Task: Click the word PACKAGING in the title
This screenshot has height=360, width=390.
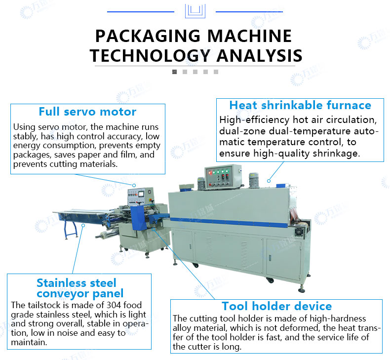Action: (x=148, y=36)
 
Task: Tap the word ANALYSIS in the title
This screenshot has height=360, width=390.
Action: (x=259, y=55)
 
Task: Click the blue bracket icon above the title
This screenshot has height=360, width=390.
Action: (x=195, y=11)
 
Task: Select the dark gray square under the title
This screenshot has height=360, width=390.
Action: (x=175, y=72)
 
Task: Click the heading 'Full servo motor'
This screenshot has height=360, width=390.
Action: (x=87, y=112)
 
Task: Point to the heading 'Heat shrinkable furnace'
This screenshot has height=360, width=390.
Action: (x=300, y=105)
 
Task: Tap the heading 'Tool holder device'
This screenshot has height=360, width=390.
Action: (x=276, y=306)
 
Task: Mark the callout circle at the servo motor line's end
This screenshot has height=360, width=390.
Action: (x=134, y=185)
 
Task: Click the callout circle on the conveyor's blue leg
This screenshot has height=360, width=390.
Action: (x=83, y=225)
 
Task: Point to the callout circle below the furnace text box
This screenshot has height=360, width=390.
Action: (x=269, y=181)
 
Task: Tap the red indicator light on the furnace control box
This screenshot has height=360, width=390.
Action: (x=210, y=172)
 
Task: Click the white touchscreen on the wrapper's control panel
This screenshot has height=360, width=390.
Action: (x=141, y=194)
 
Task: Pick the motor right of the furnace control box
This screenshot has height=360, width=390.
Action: (x=254, y=180)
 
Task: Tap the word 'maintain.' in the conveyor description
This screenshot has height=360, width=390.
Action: (x=29, y=342)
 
